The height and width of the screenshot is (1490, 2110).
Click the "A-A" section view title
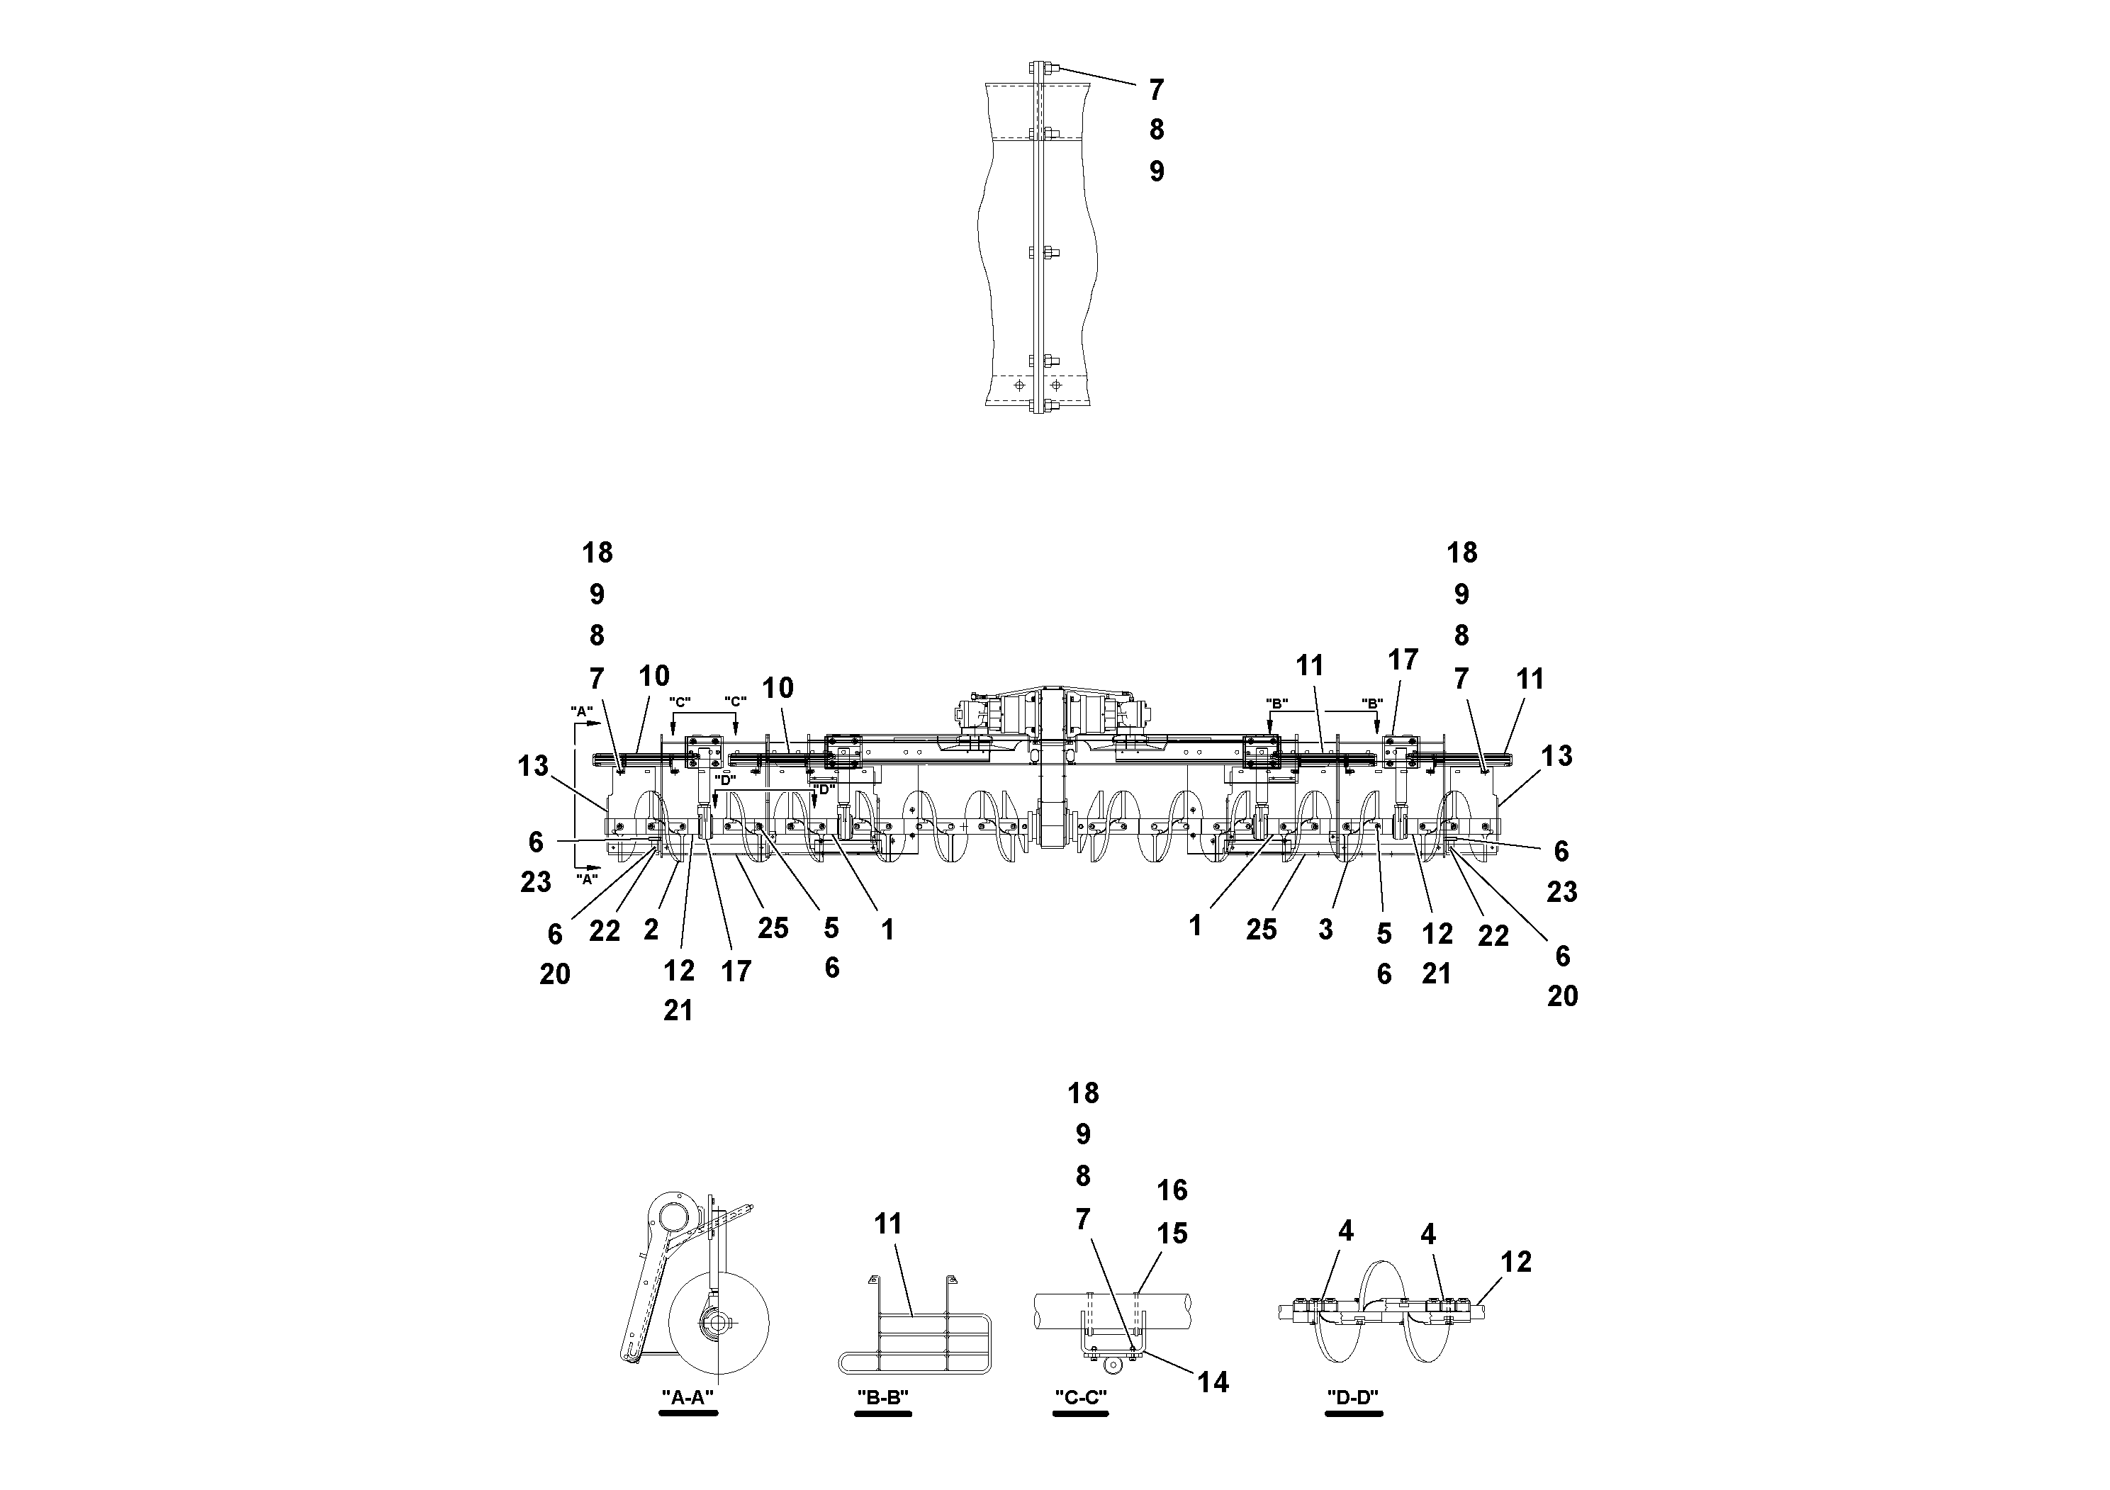(688, 1397)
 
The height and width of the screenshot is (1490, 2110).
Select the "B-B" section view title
(882, 1397)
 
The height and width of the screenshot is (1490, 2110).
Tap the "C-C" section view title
(1080, 1397)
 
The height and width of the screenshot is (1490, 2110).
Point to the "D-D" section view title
(1353, 1397)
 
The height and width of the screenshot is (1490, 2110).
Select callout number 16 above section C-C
(1172, 1190)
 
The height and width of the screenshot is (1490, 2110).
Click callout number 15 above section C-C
(1172, 1234)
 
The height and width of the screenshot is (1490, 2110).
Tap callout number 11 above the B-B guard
(888, 1224)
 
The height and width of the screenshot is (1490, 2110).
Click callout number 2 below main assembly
(651, 930)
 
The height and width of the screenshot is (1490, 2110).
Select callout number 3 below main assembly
(1325, 930)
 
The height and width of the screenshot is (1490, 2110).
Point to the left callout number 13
(532, 765)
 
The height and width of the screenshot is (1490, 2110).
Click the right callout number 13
(1556, 756)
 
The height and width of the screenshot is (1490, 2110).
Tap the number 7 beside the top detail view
(1156, 90)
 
